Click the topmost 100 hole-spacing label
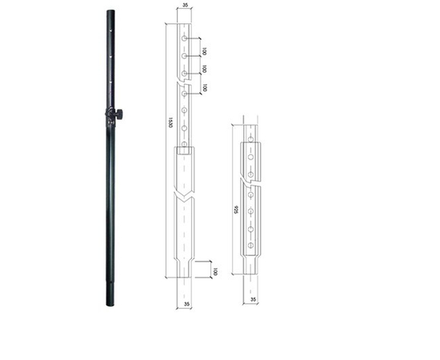tap(204, 50)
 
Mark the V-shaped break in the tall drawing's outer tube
tap(183, 195)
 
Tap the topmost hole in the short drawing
tap(251, 138)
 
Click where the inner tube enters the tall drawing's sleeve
tap(183, 150)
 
